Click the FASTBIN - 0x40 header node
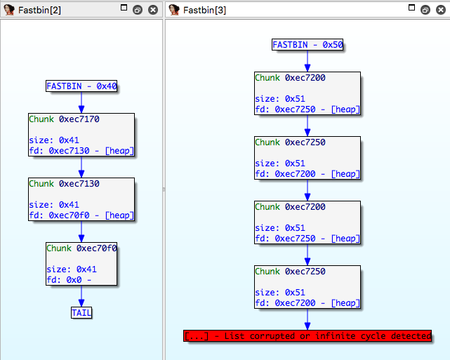[81, 86]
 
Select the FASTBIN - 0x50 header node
[307, 45]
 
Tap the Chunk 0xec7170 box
[81, 135]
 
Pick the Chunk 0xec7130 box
[81, 200]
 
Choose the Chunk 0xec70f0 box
[81, 265]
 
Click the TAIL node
[81, 312]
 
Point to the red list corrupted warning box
[307, 336]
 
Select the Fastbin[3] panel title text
[204, 10]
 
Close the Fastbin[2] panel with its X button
[153, 10]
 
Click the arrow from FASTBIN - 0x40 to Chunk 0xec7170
[81, 102]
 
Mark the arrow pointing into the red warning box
[307, 320]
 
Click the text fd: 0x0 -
[70, 280]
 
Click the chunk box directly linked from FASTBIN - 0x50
[307, 93]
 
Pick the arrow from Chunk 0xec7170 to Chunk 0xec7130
[81, 167]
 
